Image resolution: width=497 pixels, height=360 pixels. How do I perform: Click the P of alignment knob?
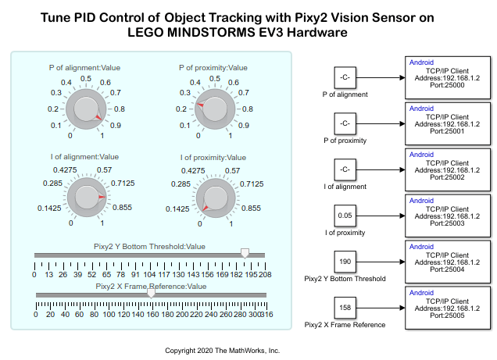click(86, 109)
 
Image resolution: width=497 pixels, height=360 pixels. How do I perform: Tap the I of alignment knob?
click(86, 197)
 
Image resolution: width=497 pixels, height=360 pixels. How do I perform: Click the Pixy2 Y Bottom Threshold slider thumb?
click(245, 254)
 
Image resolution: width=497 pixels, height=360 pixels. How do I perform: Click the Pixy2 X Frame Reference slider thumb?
click(151, 294)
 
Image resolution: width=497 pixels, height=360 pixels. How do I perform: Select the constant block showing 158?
click(345, 307)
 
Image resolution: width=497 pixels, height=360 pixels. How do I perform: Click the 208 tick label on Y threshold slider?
click(266, 274)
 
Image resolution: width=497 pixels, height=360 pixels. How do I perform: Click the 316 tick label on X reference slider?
click(266, 314)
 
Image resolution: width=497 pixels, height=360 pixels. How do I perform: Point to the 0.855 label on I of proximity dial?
click(250, 209)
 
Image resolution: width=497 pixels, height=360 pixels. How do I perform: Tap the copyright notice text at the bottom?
click(222, 351)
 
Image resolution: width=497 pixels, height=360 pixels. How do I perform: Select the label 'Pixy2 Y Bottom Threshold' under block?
click(345, 278)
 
